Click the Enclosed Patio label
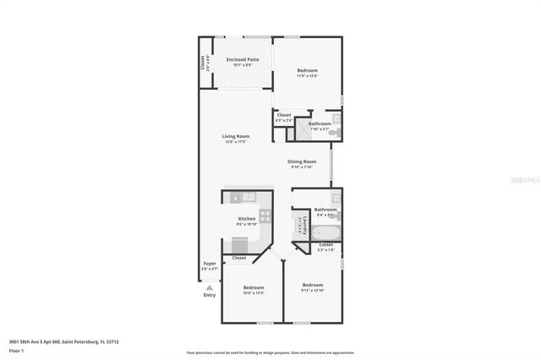[242, 59]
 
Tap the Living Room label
[235, 136]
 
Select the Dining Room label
[302, 161]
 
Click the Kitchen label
[247, 219]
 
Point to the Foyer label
[209, 264]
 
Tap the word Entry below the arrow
[210, 295]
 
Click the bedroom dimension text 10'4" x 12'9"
[253, 293]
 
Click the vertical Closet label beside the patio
[203, 62]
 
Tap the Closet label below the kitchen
[239, 258]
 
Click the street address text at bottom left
[63, 341]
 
